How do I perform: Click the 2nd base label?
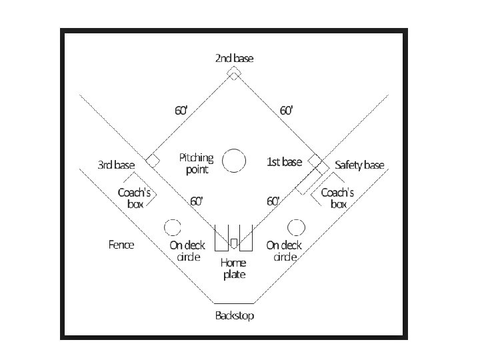tap(234, 58)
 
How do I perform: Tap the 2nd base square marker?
tap(234, 73)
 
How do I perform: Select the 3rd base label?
tap(116, 165)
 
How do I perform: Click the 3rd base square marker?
tap(153, 160)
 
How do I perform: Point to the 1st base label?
tap(284, 162)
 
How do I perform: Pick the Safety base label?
tap(359, 165)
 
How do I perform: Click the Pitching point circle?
tap(234, 161)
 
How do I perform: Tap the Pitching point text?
tap(196, 163)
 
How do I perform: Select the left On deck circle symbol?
tap(172, 227)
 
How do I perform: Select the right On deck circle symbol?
tap(296, 227)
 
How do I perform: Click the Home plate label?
tap(233, 268)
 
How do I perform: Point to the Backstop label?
tap(234, 315)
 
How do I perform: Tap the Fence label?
tap(121, 245)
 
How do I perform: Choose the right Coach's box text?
tap(337, 198)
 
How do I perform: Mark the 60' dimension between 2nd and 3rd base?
tap(181, 111)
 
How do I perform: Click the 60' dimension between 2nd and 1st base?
tap(286, 111)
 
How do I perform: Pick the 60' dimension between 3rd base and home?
tap(196, 201)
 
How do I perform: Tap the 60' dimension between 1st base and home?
tap(273, 201)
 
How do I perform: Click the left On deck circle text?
tap(187, 251)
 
